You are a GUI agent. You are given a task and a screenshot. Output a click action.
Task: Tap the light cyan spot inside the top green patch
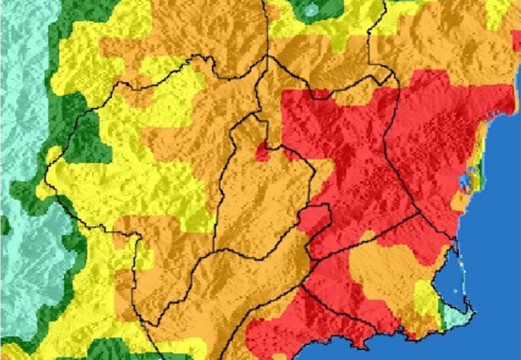point(311,10)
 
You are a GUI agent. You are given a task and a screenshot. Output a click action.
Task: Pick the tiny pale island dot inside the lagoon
point(455,291)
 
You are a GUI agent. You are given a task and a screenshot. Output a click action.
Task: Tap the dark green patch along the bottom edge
point(104,350)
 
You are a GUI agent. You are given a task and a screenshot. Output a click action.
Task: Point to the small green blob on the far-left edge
point(4,226)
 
